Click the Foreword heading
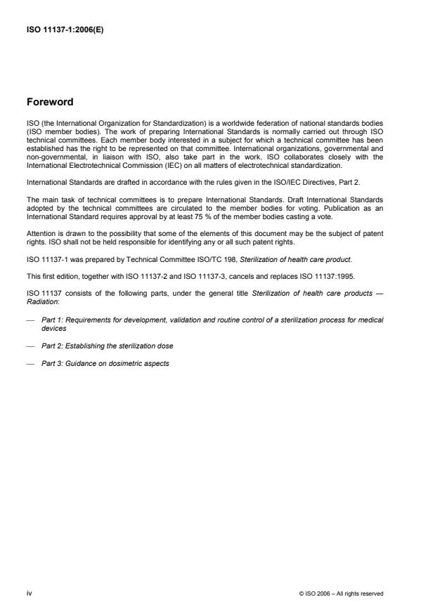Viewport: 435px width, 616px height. (49, 101)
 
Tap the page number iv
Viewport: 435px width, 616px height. (30, 593)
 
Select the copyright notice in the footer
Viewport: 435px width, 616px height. (341, 594)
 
